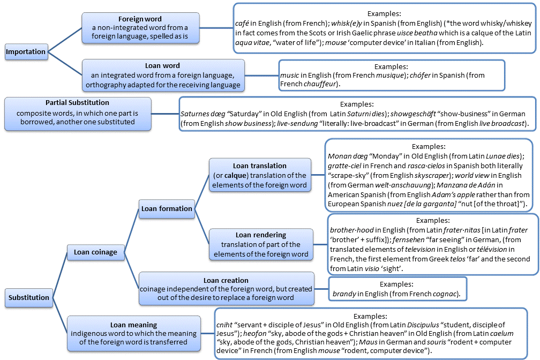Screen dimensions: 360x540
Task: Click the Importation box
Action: (25, 52)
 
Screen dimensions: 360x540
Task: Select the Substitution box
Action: (29, 297)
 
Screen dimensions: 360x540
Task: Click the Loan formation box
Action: (167, 208)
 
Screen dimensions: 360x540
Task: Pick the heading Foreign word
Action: (140, 19)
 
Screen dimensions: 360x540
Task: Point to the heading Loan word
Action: (163, 66)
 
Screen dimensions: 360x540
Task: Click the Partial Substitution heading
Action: (77, 102)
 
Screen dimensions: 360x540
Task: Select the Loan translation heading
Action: (260, 166)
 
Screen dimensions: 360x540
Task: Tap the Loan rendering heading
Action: (261, 235)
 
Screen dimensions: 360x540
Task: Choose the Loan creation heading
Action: (226, 280)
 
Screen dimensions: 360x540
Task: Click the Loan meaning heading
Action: (133, 325)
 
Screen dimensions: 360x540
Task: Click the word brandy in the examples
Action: (344, 294)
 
